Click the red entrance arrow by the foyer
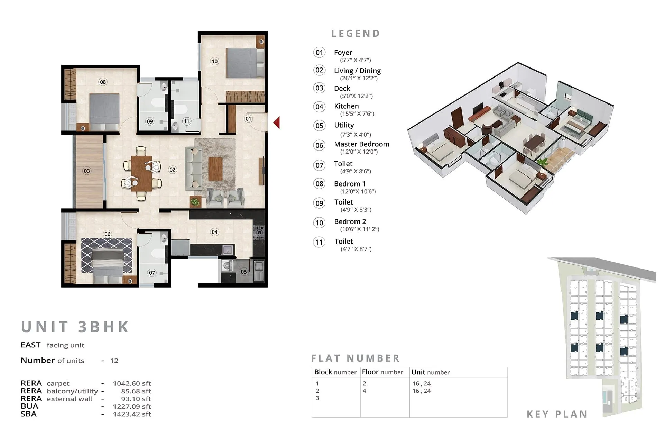click(x=277, y=123)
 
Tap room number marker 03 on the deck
click(x=87, y=171)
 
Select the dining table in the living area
click(x=141, y=173)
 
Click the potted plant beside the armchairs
click(x=195, y=201)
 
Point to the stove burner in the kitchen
click(x=259, y=232)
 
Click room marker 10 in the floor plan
click(x=214, y=61)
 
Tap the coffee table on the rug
click(x=215, y=169)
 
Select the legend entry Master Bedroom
click(x=361, y=144)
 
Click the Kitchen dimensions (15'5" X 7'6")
click(x=357, y=114)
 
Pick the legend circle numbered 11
click(x=319, y=242)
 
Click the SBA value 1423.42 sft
click(x=132, y=414)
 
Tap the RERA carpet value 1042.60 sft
click(x=132, y=384)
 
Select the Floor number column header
click(x=382, y=372)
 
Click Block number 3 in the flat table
click(x=317, y=398)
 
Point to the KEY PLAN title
click(x=557, y=414)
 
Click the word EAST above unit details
click(x=30, y=345)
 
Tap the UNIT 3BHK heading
click(x=75, y=327)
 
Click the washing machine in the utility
click(x=227, y=266)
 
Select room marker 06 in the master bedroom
click(x=108, y=234)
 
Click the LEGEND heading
click(x=356, y=34)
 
